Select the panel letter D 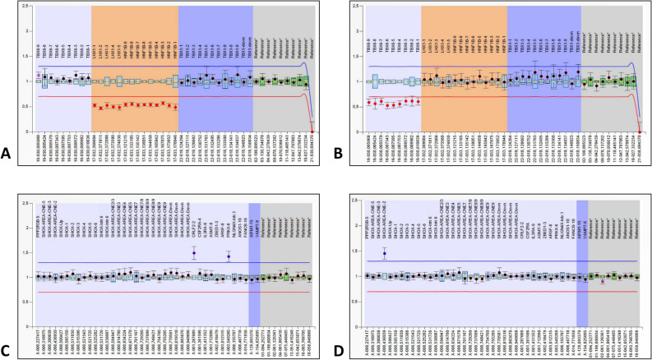340,353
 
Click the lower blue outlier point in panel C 229,257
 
